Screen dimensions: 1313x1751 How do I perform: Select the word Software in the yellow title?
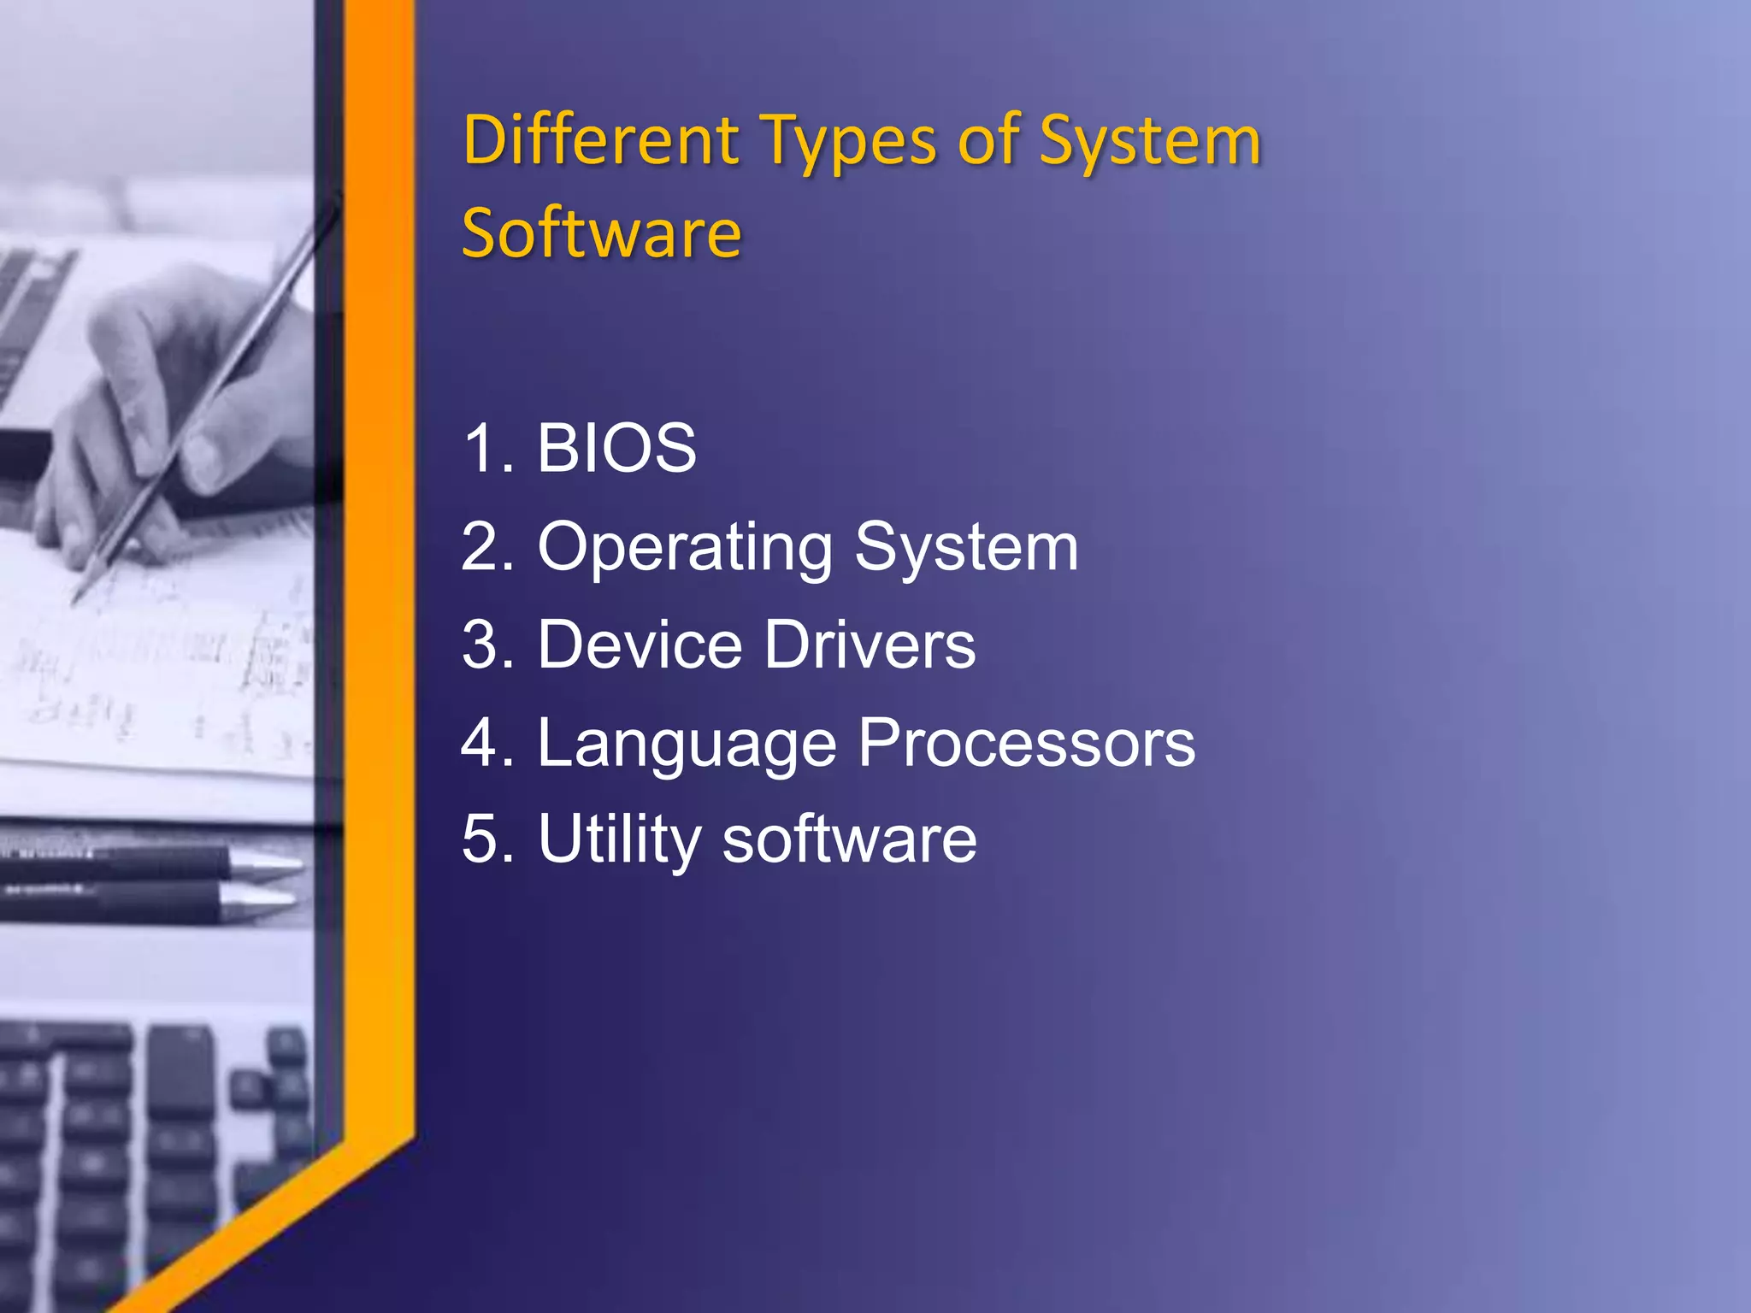point(601,233)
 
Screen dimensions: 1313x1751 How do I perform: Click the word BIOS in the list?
point(616,448)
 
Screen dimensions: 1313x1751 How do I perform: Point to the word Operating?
point(685,547)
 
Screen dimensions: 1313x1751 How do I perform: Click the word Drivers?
point(870,645)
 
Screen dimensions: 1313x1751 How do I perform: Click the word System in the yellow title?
point(1149,142)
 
